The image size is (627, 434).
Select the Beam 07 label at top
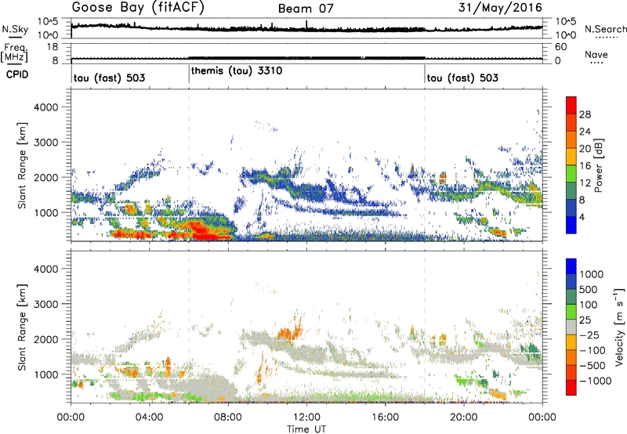tap(310, 9)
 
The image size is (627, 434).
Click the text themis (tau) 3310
tap(237, 71)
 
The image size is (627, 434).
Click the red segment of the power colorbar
tap(571, 106)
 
